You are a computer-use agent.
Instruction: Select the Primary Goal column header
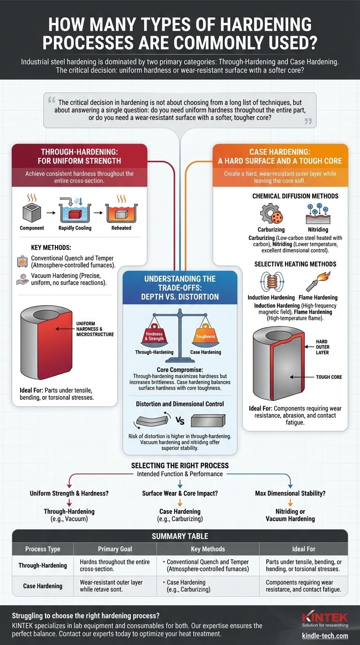click(x=115, y=549)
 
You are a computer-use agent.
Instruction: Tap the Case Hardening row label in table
click(x=43, y=586)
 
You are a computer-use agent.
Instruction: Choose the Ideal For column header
click(x=303, y=549)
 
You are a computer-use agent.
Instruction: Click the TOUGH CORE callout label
click(x=329, y=377)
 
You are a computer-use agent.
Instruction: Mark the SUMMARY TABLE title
click(x=180, y=536)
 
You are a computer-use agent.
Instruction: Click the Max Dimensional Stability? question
click(x=290, y=493)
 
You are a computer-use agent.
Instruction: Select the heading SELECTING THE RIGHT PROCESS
click(x=180, y=465)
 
